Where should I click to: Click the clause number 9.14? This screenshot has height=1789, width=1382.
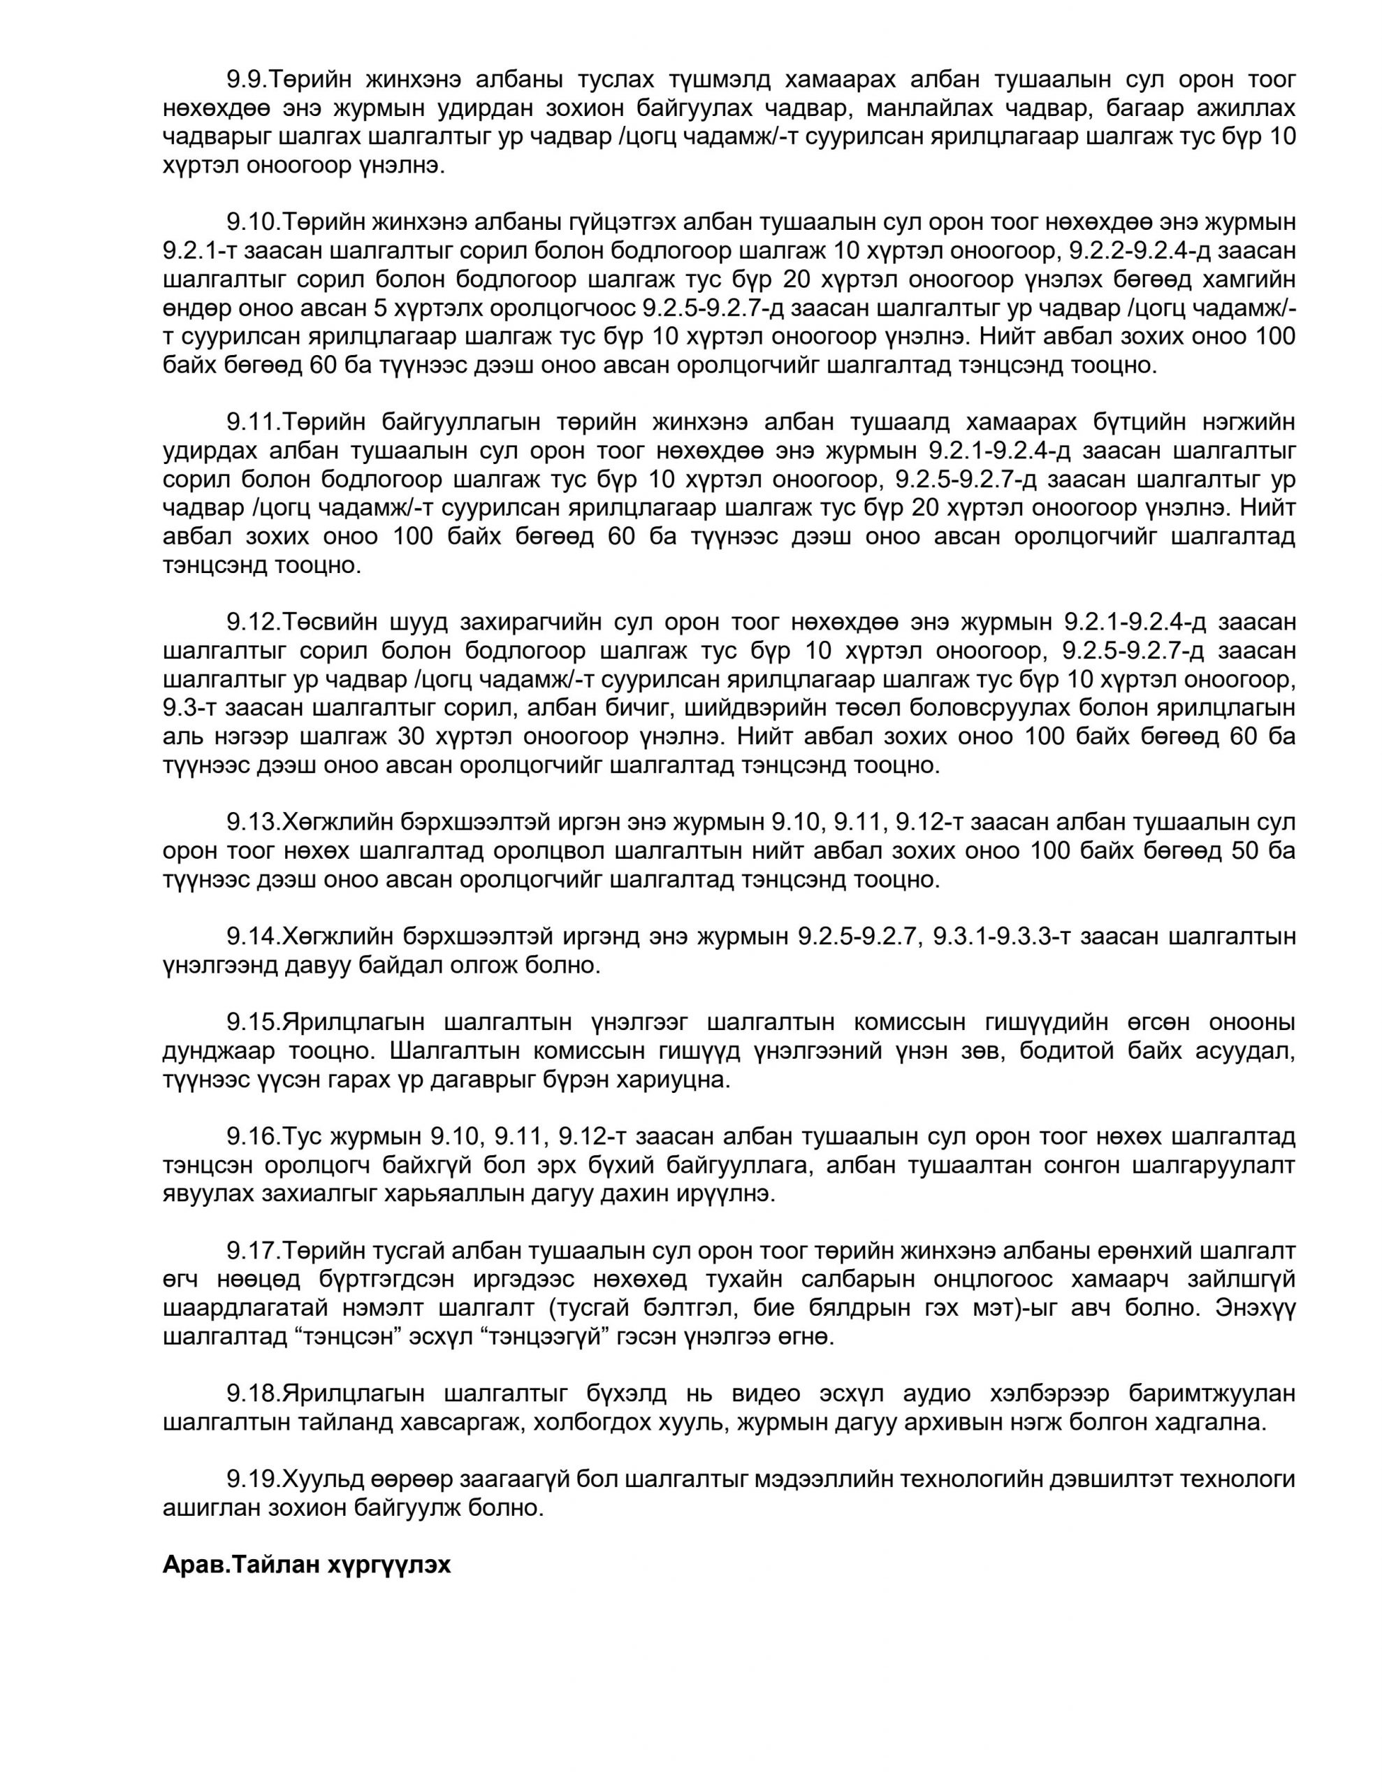coord(253,936)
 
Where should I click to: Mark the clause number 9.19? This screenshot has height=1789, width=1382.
coord(253,1479)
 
